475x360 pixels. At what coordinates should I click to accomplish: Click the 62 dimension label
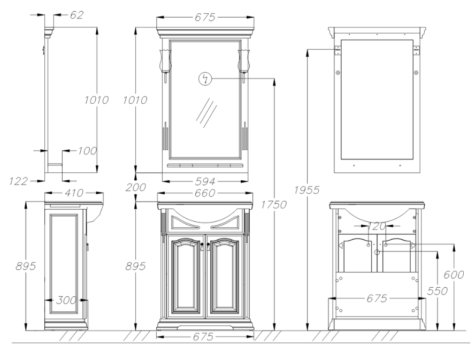coord(76,15)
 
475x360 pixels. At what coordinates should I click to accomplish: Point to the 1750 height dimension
coord(278,204)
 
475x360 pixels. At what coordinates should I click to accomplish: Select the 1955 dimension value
coord(310,190)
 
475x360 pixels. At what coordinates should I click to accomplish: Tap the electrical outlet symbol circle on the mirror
coord(204,79)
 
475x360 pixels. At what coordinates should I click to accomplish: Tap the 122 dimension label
coord(19,181)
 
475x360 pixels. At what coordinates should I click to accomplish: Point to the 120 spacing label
coord(377,226)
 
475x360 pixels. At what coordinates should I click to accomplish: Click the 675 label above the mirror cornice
coord(205,18)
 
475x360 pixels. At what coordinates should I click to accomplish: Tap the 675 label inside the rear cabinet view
coord(377,298)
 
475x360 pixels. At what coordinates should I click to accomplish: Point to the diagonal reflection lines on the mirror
coord(206,113)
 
